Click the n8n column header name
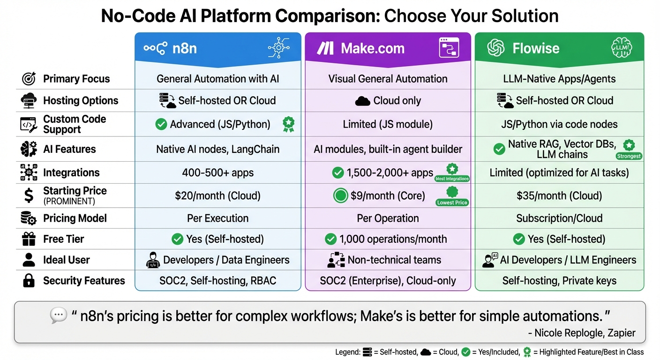(184, 48)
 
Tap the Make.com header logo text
(372, 48)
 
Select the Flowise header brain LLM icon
(622, 48)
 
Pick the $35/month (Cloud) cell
(559, 196)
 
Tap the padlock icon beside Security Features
(29, 281)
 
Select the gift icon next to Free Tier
(29, 240)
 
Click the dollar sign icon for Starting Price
(29, 196)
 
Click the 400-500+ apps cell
(217, 172)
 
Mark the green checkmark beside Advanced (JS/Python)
(161, 124)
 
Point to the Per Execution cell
(217, 218)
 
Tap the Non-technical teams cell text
(394, 260)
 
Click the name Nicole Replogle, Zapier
(581, 333)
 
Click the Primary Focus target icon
(29, 79)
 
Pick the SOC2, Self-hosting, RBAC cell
(217, 281)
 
